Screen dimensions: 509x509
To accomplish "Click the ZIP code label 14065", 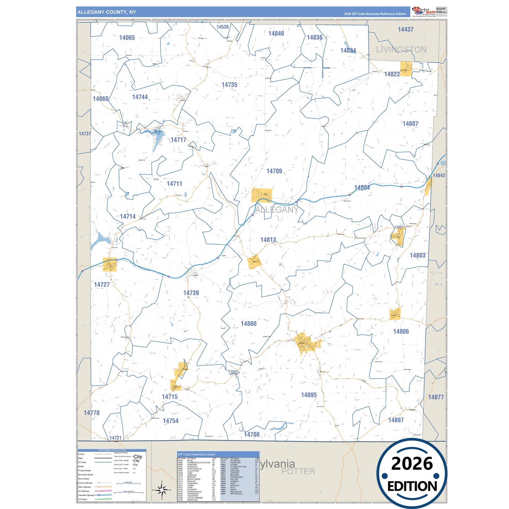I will click(127, 38).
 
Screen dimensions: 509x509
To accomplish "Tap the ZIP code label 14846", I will click(276, 33).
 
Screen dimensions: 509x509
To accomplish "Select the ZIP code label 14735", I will click(229, 85).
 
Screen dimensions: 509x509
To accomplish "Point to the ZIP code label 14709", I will click(274, 171).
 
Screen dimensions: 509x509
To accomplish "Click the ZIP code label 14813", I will click(268, 240).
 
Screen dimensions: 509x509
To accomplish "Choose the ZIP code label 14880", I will click(248, 324).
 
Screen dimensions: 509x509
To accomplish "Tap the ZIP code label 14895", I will click(309, 395).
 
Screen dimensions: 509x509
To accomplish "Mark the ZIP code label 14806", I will click(401, 331).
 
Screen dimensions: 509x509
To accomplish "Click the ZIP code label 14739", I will click(191, 293).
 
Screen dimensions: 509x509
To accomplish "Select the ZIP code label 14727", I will click(102, 285).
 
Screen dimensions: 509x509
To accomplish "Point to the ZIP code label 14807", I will click(410, 124).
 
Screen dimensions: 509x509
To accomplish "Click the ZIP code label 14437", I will click(405, 30).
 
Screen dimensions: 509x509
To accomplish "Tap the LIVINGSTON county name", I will click(401, 50).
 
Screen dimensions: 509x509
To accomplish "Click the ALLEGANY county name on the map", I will click(277, 210).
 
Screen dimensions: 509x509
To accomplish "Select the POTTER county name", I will click(298, 471).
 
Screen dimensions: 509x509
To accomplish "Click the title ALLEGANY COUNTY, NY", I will click(107, 12).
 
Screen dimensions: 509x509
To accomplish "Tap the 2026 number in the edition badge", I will click(412, 464).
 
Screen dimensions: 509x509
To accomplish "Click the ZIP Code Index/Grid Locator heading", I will click(197, 454).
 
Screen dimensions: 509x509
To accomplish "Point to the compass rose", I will click(162, 490).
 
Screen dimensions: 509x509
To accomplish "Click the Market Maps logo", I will click(424, 11).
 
